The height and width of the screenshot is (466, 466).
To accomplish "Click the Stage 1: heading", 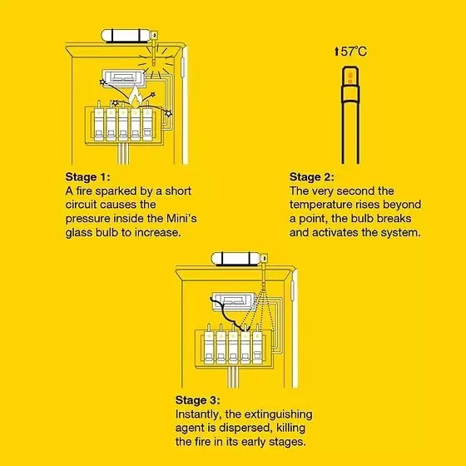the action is [x=87, y=177].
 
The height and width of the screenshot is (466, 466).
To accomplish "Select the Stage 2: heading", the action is [x=312, y=177].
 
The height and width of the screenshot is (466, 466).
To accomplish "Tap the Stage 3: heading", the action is [x=198, y=400].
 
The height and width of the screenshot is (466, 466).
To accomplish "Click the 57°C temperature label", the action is [x=354, y=52].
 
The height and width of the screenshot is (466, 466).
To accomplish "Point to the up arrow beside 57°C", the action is [x=336, y=52].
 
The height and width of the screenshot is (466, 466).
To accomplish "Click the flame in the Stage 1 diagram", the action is [x=135, y=97].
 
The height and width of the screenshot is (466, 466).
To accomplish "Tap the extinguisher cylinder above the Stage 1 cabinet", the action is [x=126, y=36].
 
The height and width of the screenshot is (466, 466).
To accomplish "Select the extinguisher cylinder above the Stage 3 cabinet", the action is [x=236, y=259].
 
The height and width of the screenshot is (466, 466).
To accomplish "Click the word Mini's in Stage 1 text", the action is [x=181, y=218].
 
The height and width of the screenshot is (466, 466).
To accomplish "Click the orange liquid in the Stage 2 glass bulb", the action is [x=350, y=77].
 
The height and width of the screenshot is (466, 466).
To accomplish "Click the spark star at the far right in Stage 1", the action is [x=168, y=113].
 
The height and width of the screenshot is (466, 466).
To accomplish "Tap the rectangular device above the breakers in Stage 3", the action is [x=234, y=301].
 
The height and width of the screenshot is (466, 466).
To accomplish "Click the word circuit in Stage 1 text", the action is [x=82, y=205].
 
